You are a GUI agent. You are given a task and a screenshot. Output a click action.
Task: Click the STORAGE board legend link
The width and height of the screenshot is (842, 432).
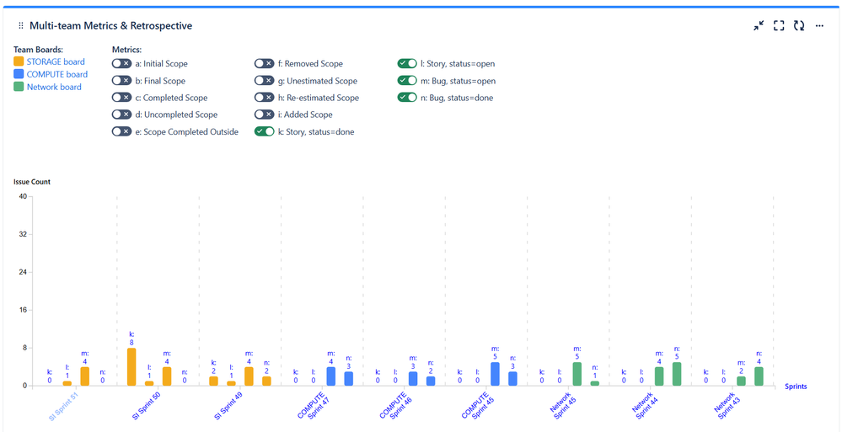[x=56, y=61]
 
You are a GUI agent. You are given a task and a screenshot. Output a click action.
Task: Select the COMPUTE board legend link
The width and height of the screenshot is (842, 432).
[x=56, y=74]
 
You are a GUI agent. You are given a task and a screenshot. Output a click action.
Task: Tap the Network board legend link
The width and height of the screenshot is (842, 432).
[x=54, y=87]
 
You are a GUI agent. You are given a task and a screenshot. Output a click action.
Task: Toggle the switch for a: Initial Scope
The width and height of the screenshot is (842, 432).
[x=121, y=64]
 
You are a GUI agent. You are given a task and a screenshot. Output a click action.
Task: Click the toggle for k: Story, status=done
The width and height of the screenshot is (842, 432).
[x=265, y=131]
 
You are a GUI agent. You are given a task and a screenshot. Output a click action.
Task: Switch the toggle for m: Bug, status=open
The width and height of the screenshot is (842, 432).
[x=408, y=81]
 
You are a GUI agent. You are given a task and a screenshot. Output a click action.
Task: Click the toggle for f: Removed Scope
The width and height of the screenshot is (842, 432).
[x=265, y=64]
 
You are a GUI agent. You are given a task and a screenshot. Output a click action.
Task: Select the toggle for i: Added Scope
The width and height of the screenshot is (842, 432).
[x=265, y=115]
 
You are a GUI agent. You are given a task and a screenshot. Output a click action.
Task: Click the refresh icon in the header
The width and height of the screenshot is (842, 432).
[x=799, y=26]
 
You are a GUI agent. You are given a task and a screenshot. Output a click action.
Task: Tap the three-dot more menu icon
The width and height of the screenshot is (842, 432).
[x=819, y=26]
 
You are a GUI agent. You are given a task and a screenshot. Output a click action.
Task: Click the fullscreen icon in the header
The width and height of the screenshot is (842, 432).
[x=779, y=26]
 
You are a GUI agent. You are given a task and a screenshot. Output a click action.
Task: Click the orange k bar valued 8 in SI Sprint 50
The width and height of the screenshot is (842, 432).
[x=131, y=366]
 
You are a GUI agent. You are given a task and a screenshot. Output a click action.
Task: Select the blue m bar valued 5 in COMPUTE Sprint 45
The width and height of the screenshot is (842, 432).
[x=495, y=374]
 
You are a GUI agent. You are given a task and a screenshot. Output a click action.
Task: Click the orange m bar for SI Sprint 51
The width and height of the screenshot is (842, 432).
[x=84, y=376]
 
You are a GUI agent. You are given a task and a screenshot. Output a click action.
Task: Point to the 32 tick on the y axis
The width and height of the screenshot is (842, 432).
[x=23, y=234]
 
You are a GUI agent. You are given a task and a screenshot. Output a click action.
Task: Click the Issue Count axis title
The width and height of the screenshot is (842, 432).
[x=31, y=182]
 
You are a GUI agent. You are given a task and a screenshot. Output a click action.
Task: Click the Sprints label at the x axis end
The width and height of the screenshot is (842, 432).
[x=796, y=387]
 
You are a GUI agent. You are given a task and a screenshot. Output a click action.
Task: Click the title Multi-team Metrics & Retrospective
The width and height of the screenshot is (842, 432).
[x=110, y=26]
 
